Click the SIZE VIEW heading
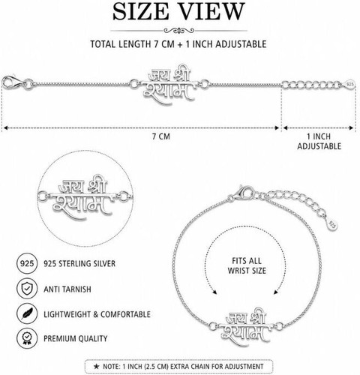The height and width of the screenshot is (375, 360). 178,12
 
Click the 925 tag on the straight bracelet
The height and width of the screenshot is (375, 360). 350,84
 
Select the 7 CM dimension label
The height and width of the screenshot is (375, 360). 161,136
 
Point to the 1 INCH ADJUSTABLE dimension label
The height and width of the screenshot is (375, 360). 319,141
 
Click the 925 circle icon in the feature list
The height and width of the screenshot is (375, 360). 27,263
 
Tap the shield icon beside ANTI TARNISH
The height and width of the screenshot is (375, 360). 27,289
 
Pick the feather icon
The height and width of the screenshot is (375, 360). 27,313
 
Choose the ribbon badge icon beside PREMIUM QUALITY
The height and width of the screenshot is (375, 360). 27,338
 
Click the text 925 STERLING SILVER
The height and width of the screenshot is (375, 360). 79,264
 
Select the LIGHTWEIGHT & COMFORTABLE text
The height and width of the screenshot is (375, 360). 97,314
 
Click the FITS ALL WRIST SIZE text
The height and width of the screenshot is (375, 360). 247,265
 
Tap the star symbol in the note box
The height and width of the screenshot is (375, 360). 96,367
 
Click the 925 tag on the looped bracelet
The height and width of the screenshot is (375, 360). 332,223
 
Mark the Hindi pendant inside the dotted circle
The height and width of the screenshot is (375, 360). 83,197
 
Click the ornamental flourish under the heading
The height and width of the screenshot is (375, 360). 178,31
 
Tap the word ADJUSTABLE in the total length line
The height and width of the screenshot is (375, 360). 241,44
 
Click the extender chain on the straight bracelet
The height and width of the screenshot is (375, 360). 313,85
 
